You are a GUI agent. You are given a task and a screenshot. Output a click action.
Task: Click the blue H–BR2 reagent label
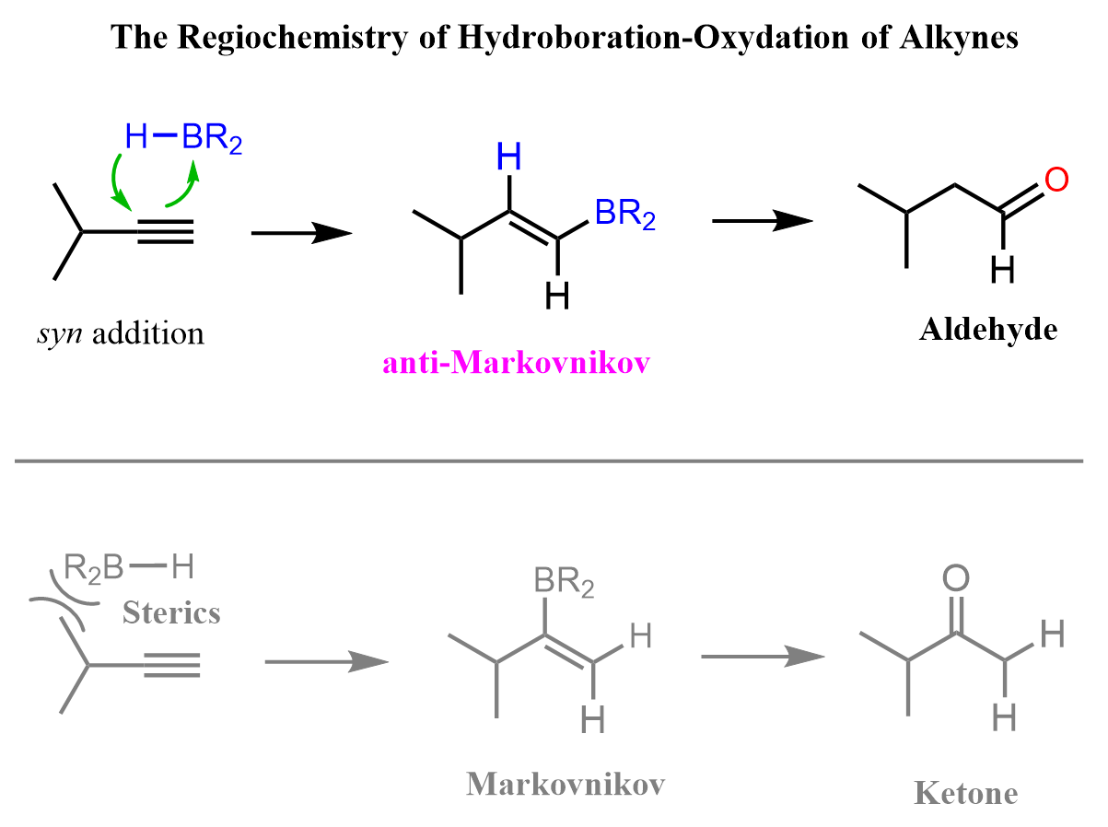(x=183, y=139)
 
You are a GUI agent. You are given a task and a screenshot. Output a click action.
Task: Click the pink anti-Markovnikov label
(x=517, y=363)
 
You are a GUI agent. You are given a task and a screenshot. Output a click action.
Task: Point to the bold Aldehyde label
(x=988, y=330)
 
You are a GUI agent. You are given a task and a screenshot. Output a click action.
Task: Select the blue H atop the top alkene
(x=509, y=159)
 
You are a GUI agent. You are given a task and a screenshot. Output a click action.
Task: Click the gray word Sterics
(x=171, y=612)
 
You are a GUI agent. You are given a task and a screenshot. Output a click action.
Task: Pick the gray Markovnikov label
(x=566, y=784)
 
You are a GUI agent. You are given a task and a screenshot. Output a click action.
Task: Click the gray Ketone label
(x=966, y=793)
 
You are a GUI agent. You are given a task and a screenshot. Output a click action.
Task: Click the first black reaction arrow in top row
(x=301, y=235)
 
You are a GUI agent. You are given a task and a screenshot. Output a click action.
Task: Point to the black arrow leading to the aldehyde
(x=763, y=221)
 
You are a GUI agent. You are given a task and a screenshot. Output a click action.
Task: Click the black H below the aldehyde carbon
(x=1002, y=269)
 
